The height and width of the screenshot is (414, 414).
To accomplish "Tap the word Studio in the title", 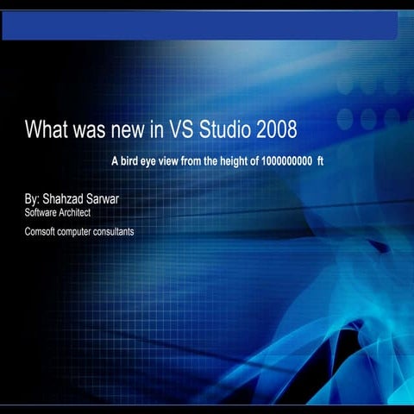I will pyautogui.click(x=218, y=130).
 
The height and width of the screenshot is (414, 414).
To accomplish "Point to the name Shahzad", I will pyautogui.click(x=66, y=198).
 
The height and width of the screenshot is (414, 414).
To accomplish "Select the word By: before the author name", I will pyautogui.click(x=32, y=198).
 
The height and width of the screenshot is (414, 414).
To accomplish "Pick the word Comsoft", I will pyautogui.click(x=41, y=231).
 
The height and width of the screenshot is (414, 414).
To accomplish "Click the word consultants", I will pyautogui.click(x=114, y=231).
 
